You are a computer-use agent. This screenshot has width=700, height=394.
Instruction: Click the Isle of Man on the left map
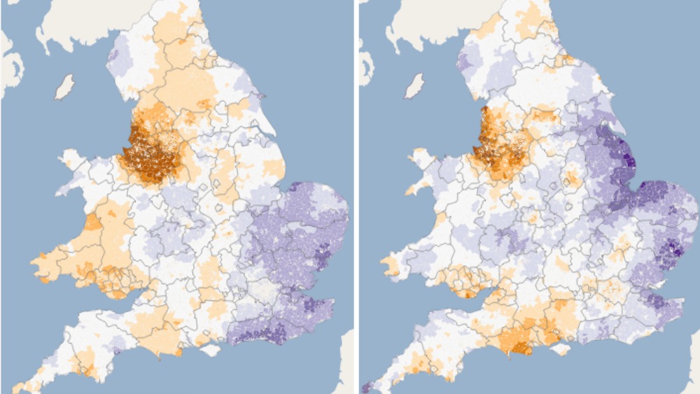(x=64, y=87)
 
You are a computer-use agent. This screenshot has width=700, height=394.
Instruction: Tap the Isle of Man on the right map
(x=414, y=87)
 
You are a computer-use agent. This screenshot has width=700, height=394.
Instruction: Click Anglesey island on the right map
(x=423, y=157)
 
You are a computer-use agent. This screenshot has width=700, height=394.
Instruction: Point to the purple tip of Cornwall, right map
(x=365, y=387)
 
